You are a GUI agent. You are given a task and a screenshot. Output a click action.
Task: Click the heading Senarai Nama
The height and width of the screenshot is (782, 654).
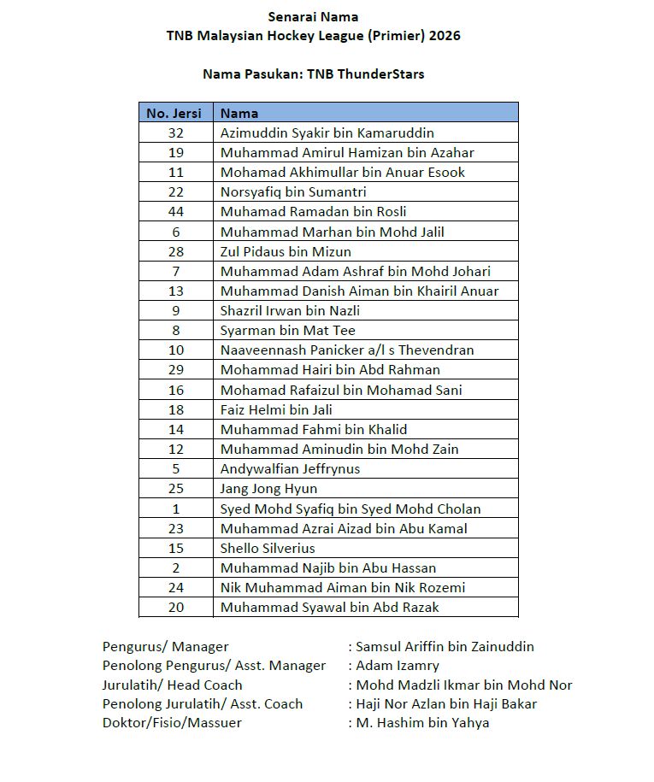click(313, 16)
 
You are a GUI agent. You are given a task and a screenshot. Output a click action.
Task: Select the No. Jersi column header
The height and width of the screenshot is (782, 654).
click(175, 113)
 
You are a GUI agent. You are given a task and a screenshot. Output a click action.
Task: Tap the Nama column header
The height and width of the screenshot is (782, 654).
click(239, 113)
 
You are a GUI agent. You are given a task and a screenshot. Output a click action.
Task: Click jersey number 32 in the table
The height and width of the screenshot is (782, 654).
click(175, 132)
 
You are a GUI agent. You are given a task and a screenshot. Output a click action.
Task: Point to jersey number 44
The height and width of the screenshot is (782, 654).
click(175, 212)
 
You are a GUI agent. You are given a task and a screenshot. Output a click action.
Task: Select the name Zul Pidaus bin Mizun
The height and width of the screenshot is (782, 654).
click(286, 251)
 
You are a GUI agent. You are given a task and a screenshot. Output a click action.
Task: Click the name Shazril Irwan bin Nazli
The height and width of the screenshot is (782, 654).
click(290, 310)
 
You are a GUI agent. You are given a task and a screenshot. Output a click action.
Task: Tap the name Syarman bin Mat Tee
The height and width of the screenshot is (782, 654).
click(287, 330)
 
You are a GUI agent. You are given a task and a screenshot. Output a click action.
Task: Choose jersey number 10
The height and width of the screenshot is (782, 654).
click(175, 350)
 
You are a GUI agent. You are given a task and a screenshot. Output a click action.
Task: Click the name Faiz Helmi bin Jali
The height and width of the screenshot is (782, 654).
click(276, 409)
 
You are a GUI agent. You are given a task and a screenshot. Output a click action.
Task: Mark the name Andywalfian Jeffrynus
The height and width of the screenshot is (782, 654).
click(290, 468)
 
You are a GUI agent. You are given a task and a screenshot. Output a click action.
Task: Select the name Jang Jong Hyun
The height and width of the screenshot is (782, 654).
click(268, 488)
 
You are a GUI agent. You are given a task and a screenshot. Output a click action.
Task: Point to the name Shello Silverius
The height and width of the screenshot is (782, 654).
click(268, 548)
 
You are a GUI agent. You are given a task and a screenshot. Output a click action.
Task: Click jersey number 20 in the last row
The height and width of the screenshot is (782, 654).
click(175, 607)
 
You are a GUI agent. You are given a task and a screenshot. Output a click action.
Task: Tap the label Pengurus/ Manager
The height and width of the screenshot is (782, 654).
click(165, 646)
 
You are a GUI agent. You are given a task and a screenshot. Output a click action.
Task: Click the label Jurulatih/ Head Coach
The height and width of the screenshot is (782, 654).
click(172, 685)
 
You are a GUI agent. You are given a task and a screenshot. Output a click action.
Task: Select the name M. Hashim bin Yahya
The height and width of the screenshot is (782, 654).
click(422, 722)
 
